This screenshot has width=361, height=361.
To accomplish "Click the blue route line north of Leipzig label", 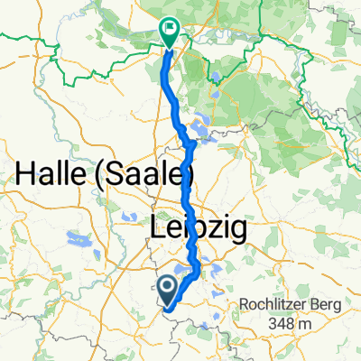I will click(x=187, y=185).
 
